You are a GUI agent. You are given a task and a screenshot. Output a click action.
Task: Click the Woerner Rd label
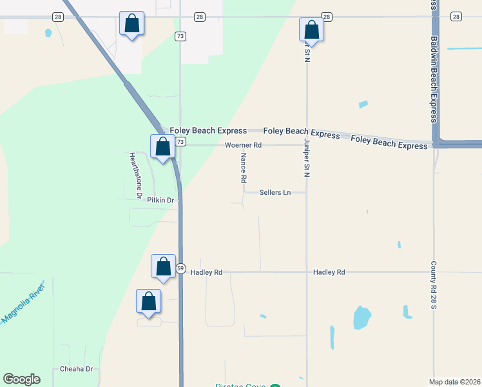coord(243,145)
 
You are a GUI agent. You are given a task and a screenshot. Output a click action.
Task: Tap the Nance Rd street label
coord(244,166)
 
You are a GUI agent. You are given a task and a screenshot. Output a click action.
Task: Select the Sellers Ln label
coord(275,192)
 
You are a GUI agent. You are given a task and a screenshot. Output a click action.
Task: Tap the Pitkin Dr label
coord(160,201)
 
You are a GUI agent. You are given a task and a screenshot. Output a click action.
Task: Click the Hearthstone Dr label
coord(137,174)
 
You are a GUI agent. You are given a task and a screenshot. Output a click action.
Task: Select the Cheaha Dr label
coord(77,369)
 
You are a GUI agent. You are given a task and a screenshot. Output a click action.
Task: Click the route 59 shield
coord(181,268)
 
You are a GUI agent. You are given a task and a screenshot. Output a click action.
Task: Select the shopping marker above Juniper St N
coord(311,30)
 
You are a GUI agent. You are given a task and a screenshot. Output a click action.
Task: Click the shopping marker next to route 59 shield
coord(163,266)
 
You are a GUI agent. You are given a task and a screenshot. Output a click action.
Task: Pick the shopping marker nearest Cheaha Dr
coord(149,302)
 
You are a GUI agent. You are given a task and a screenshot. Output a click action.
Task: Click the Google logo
coord(21,379)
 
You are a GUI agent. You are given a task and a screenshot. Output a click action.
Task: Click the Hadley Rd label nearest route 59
coord(206,272)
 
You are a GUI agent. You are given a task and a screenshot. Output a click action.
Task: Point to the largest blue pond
coord(362,317)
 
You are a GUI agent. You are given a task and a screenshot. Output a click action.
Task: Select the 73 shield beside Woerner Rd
coord(180,142)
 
